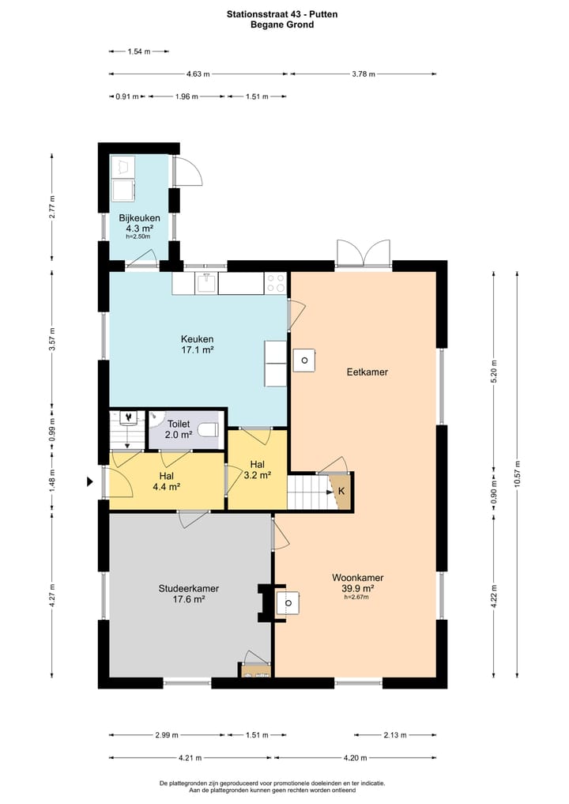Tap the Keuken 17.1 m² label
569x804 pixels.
[198, 345]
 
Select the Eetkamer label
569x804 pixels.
[367, 372]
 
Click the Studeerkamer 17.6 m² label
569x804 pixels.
[189, 593]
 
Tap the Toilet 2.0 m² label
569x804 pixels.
[179, 429]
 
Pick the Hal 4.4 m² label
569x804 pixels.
[167, 481]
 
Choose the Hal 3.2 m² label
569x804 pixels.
[258, 470]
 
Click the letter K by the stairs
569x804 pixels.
[341, 491]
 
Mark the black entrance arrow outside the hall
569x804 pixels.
[90, 481]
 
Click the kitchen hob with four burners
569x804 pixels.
[275, 283]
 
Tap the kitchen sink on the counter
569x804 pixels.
[207, 282]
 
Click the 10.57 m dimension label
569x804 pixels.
[517, 475]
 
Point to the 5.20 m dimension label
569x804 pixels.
[494, 372]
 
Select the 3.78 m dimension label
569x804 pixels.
[364, 74]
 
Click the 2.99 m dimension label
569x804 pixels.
[167, 734]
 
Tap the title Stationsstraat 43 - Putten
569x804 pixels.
[282, 14]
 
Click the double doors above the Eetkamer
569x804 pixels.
[364, 253]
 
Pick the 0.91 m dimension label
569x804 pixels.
[127, 96]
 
